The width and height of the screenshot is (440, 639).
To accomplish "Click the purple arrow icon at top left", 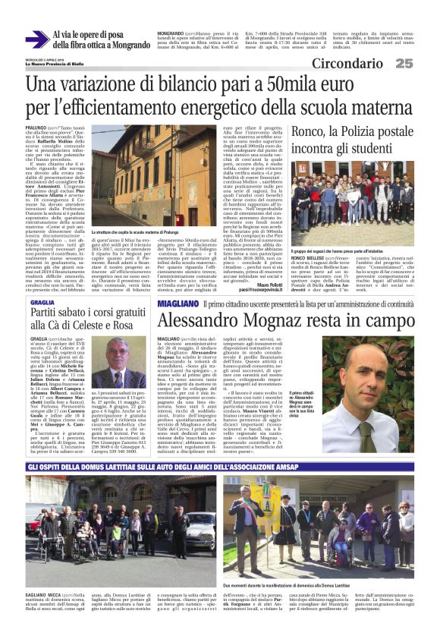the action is (x=36, y=39).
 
